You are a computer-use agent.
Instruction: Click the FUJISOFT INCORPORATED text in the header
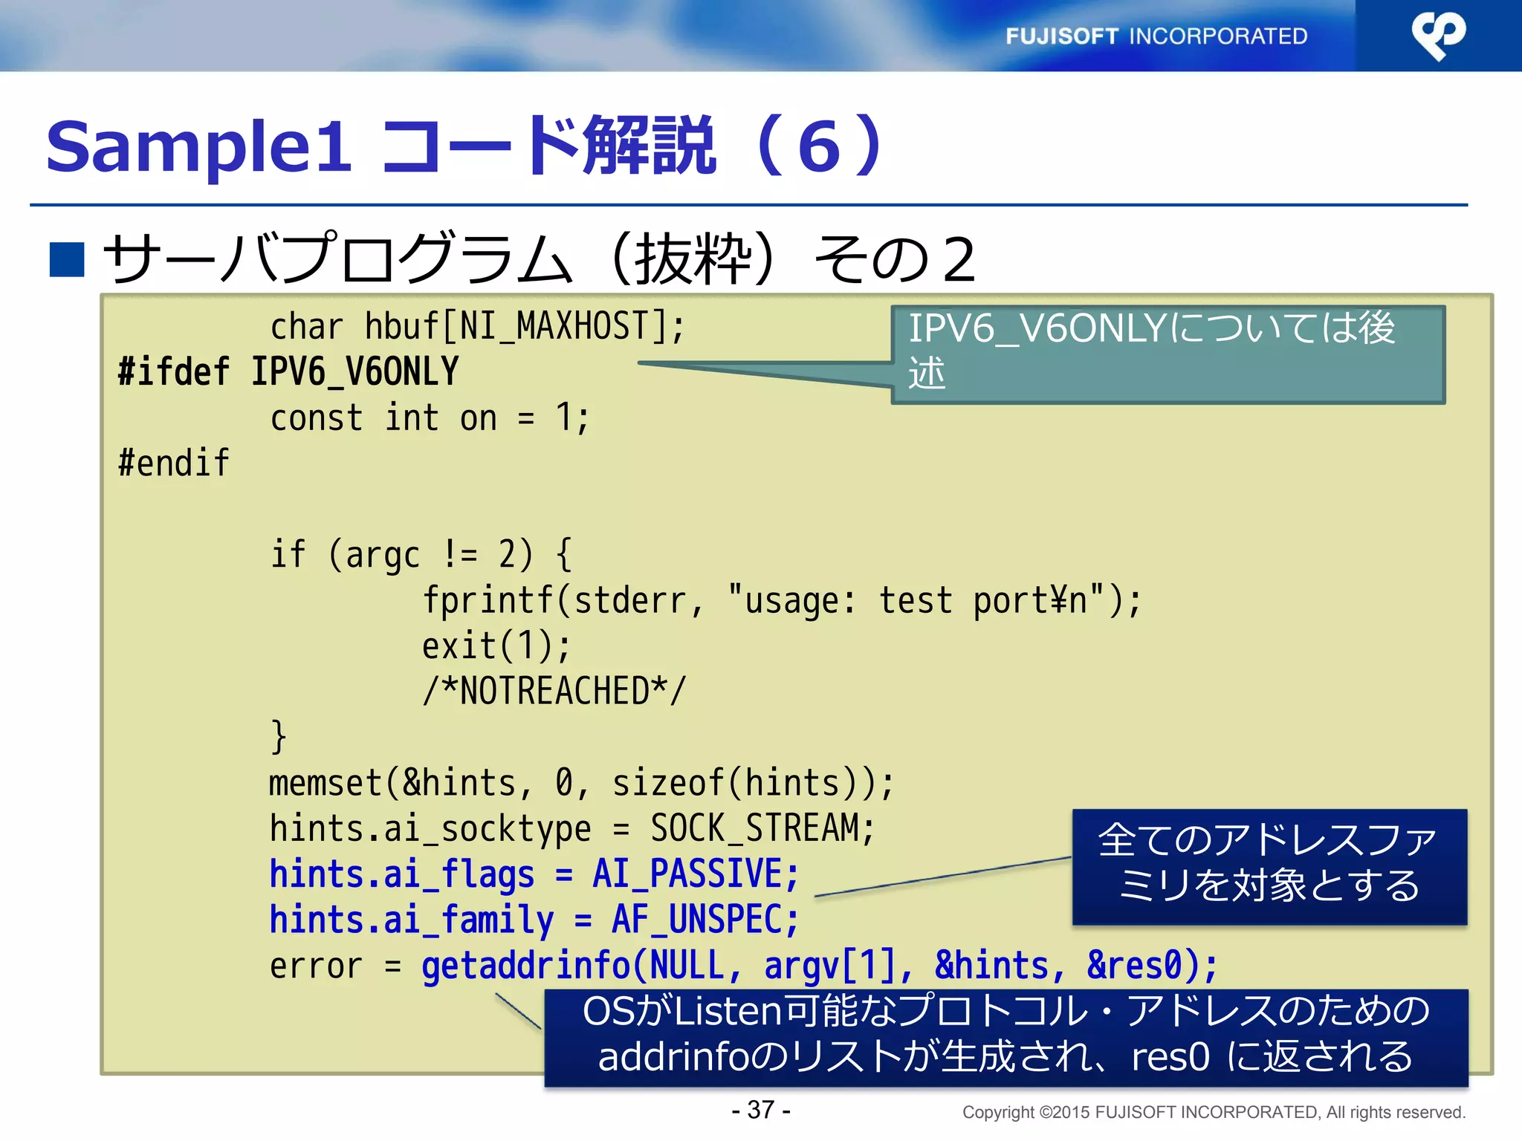click(1156, 36)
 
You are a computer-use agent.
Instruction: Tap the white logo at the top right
click(1438, 35)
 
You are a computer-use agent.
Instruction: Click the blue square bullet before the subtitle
click(66, 260)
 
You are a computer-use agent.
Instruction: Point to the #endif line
click(174, 463)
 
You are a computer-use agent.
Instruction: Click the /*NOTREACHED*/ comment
click(554, 691)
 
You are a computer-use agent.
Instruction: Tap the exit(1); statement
click(496, 646)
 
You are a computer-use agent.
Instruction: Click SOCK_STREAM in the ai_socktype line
click(754, 828)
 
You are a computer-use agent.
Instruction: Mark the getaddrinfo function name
click(525, 966)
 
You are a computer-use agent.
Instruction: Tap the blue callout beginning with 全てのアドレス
click(1269, 866)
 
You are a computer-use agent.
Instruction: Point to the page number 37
click(761, 1110)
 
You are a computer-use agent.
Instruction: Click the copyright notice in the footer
click(1214, 1112)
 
